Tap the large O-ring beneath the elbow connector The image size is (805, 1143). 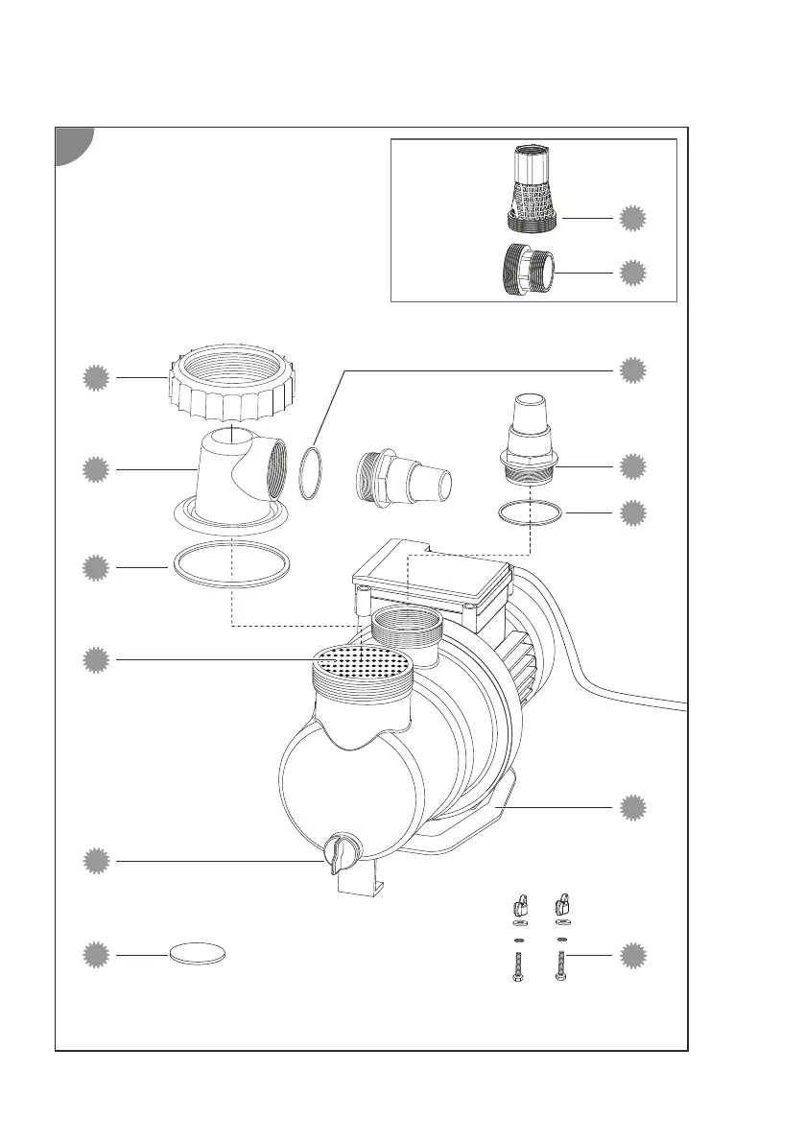click(230, 566)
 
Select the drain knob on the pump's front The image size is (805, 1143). click(339, 851)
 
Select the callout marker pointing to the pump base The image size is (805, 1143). click(631, 808)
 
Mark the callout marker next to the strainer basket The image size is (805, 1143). click(631, 219)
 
